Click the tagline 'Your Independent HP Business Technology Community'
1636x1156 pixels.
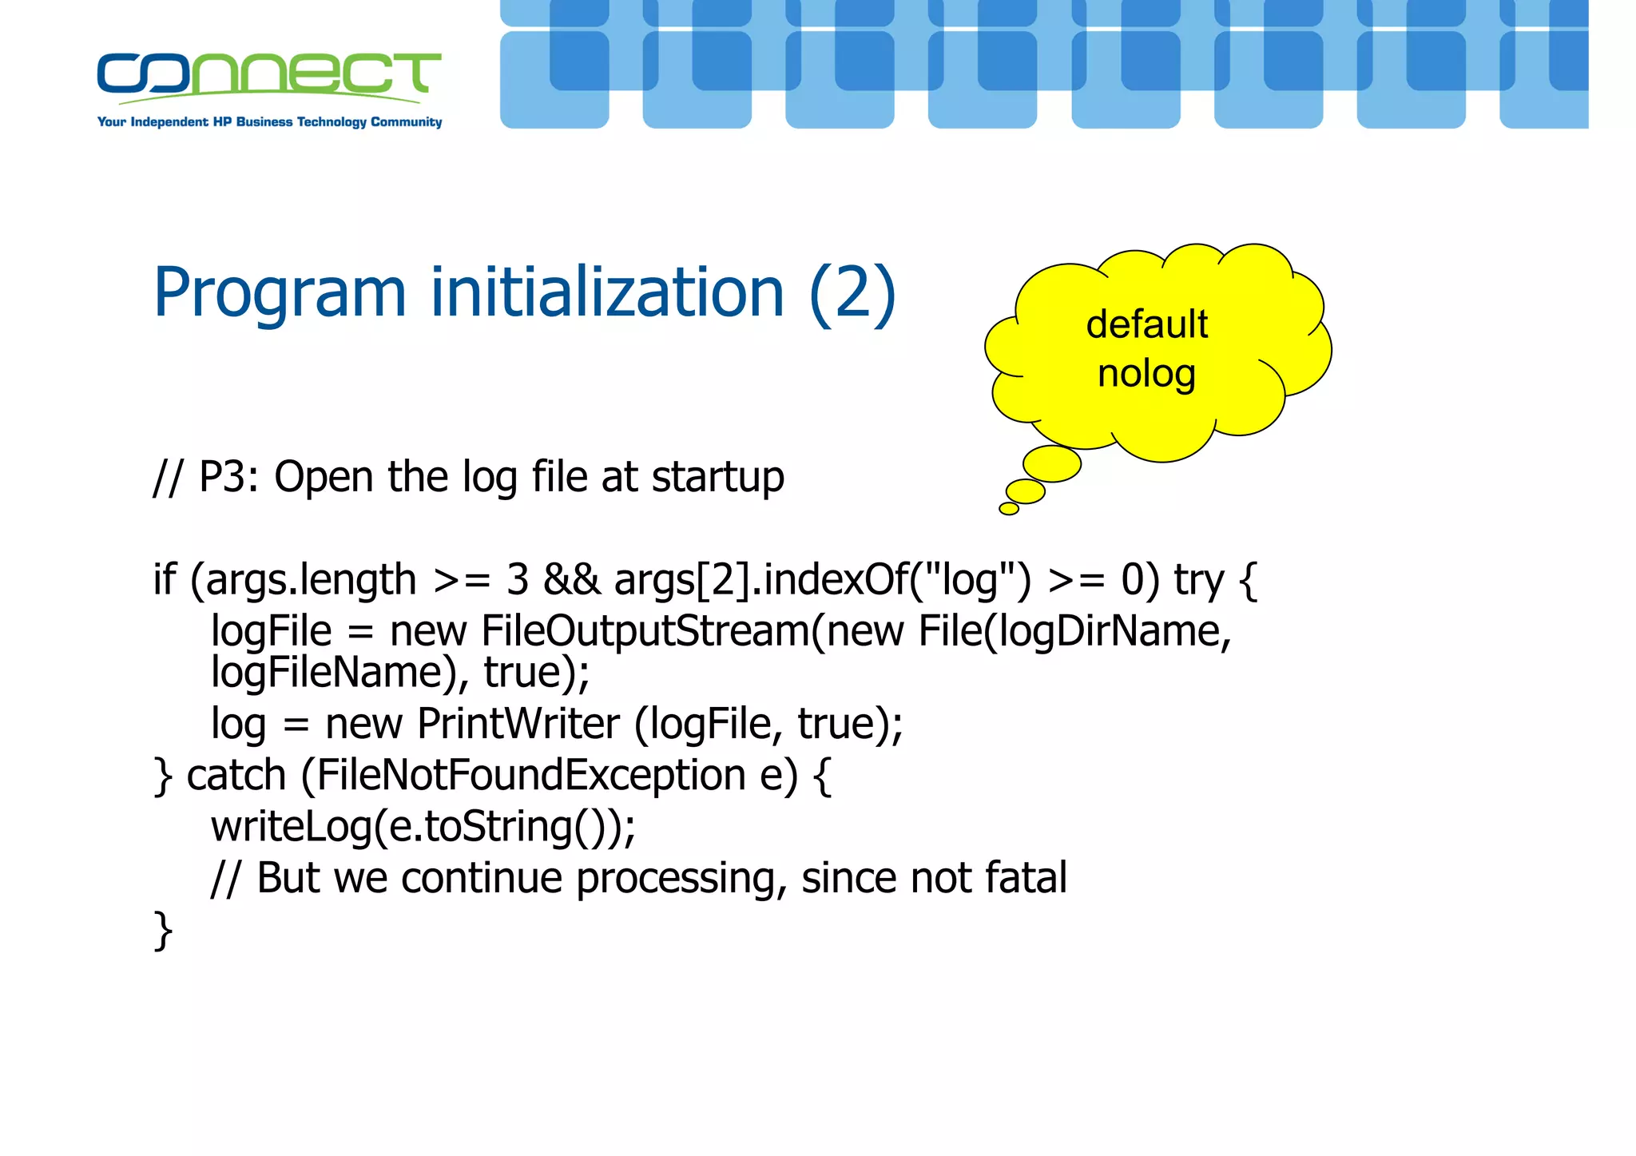[x=269, y=122]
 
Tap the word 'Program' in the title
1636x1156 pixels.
[x=280, y=293]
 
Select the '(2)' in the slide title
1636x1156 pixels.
[x=852, y=293]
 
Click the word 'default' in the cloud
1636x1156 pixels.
[x=1147, y=324]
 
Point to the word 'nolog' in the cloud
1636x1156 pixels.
[x=1147, y=373]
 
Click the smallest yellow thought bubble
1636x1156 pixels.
[x=1009, y=509]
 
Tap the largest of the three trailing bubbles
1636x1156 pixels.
[x=1052, y=464]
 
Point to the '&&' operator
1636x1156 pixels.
[x=571, y=580]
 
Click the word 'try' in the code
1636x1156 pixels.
[x=1198, y=581]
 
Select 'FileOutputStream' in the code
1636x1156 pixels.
[x=645, y=632]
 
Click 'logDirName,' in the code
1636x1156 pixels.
[x=1115, y=632]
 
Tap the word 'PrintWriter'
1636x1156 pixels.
[x=518, y=725]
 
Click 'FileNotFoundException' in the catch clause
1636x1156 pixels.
[x=531, y=776]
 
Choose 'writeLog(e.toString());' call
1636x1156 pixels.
[x=423, y=827]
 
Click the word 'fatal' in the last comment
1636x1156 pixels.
[x=1026, y=878]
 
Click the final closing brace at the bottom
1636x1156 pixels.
[x=163, y=931]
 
